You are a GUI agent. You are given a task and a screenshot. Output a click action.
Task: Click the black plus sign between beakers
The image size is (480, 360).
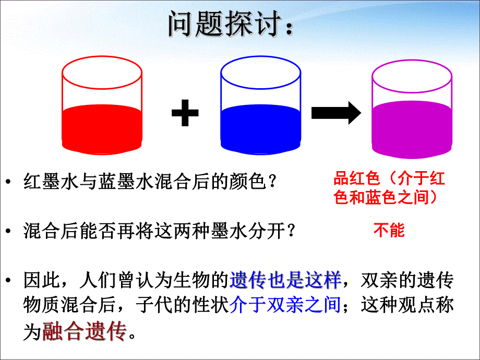[x=185, y=113]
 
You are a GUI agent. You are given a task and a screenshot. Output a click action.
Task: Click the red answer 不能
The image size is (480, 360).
[x=389, y=230]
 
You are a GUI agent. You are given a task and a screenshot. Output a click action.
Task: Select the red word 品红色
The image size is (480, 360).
[x=357, y=179]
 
